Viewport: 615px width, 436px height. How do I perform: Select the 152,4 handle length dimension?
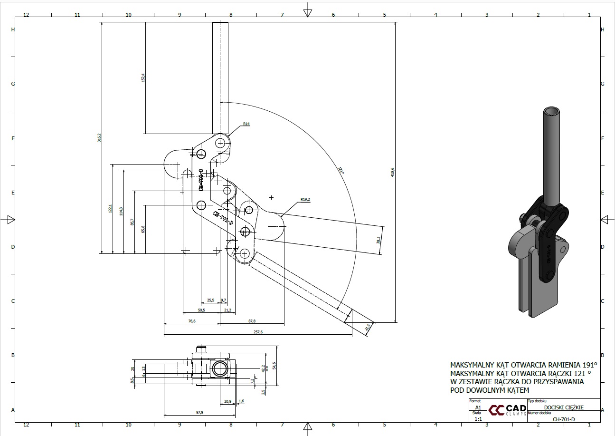point(143,78)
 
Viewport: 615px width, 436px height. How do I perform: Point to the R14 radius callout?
point(246,124)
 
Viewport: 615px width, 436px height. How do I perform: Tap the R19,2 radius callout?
point(305,200)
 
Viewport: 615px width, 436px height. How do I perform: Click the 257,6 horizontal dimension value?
point(258,332)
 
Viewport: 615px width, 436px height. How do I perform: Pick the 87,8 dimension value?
point(252,321)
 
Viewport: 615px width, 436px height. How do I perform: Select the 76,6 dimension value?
point(192,321)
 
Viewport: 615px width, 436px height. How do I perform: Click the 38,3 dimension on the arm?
point(378,240)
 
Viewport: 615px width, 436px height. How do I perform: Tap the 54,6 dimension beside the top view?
point(274,366)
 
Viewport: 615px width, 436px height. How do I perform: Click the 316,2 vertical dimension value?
point(99,138)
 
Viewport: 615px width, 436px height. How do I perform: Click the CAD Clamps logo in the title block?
point(508,410)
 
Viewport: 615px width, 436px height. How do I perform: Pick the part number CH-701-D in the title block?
point(564,419)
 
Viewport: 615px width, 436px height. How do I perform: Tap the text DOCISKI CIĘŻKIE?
point(564,407)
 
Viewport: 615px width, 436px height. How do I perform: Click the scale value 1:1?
point(478,419)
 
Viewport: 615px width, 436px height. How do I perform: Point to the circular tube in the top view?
point(219,368)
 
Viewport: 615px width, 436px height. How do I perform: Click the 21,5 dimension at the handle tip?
point(368,327)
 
